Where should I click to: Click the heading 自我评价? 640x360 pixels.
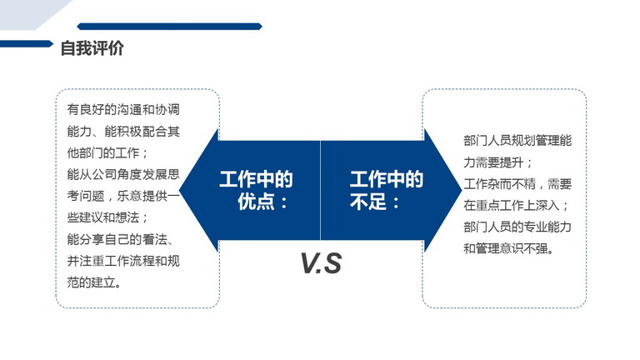tap(92, 48)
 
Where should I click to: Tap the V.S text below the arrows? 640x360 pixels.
tap(321, 263)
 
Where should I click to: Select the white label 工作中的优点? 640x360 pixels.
tap(256, 190)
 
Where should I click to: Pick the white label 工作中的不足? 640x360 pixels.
tap(386, 190)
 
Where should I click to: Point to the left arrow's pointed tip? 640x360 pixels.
tap(180, 190)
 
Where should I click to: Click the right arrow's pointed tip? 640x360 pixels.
tap(462, 189)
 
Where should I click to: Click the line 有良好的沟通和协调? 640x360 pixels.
tap(123, 109)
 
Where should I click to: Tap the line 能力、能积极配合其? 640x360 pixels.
tap(123, 132)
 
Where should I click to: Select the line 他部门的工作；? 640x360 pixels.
tap(107, 153)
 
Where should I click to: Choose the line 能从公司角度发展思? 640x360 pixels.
tap(123, 174)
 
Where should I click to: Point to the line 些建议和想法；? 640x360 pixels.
tap(107, 217)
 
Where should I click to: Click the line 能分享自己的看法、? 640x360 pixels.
tap(121, 239)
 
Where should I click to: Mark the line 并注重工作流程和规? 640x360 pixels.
tap(123, 261)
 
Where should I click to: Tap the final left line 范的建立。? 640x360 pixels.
tap(94, 282)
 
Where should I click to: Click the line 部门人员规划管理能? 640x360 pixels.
tap(517, 141)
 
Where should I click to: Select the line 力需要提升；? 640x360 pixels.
tap(498, 162)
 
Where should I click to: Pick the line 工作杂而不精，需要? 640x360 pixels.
tap(517, 183)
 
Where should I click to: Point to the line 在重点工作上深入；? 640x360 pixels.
tap(516, 205)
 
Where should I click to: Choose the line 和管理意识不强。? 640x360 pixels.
tap(508, 248)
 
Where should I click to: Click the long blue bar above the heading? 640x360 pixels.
tap(169, 27)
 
